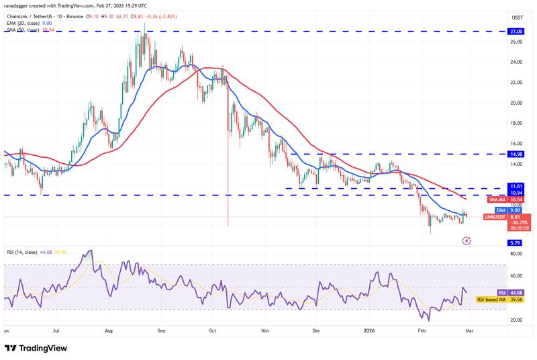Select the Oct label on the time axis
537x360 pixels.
[212, 331]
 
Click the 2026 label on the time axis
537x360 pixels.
[368, 331]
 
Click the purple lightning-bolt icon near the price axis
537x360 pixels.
[468, 240]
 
